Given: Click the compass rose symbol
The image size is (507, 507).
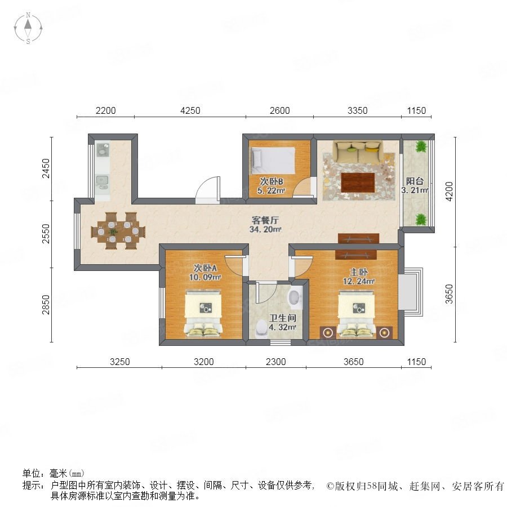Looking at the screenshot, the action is [28, 28].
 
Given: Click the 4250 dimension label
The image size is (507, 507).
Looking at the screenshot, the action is [190, 110].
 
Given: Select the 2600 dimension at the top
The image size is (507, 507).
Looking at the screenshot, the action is [279, 110].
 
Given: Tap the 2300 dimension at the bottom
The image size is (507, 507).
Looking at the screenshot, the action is [276, 362].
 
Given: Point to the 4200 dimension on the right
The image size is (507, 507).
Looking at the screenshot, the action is [450, 192].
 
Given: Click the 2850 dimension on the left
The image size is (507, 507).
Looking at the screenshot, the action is [46, 305].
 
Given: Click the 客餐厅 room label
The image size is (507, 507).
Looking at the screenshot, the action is [265, 220].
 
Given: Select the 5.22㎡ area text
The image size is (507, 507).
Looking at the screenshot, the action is [272, 191].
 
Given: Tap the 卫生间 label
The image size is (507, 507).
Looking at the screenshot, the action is [283, 318].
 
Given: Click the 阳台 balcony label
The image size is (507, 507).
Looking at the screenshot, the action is [415, 181].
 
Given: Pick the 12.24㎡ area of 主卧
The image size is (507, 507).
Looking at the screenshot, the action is [359, 281].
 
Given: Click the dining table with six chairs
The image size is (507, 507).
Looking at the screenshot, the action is [118, 231].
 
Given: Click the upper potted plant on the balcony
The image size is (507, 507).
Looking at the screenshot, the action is [421, 147].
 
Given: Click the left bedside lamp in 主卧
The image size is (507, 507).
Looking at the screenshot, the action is [328, 332].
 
